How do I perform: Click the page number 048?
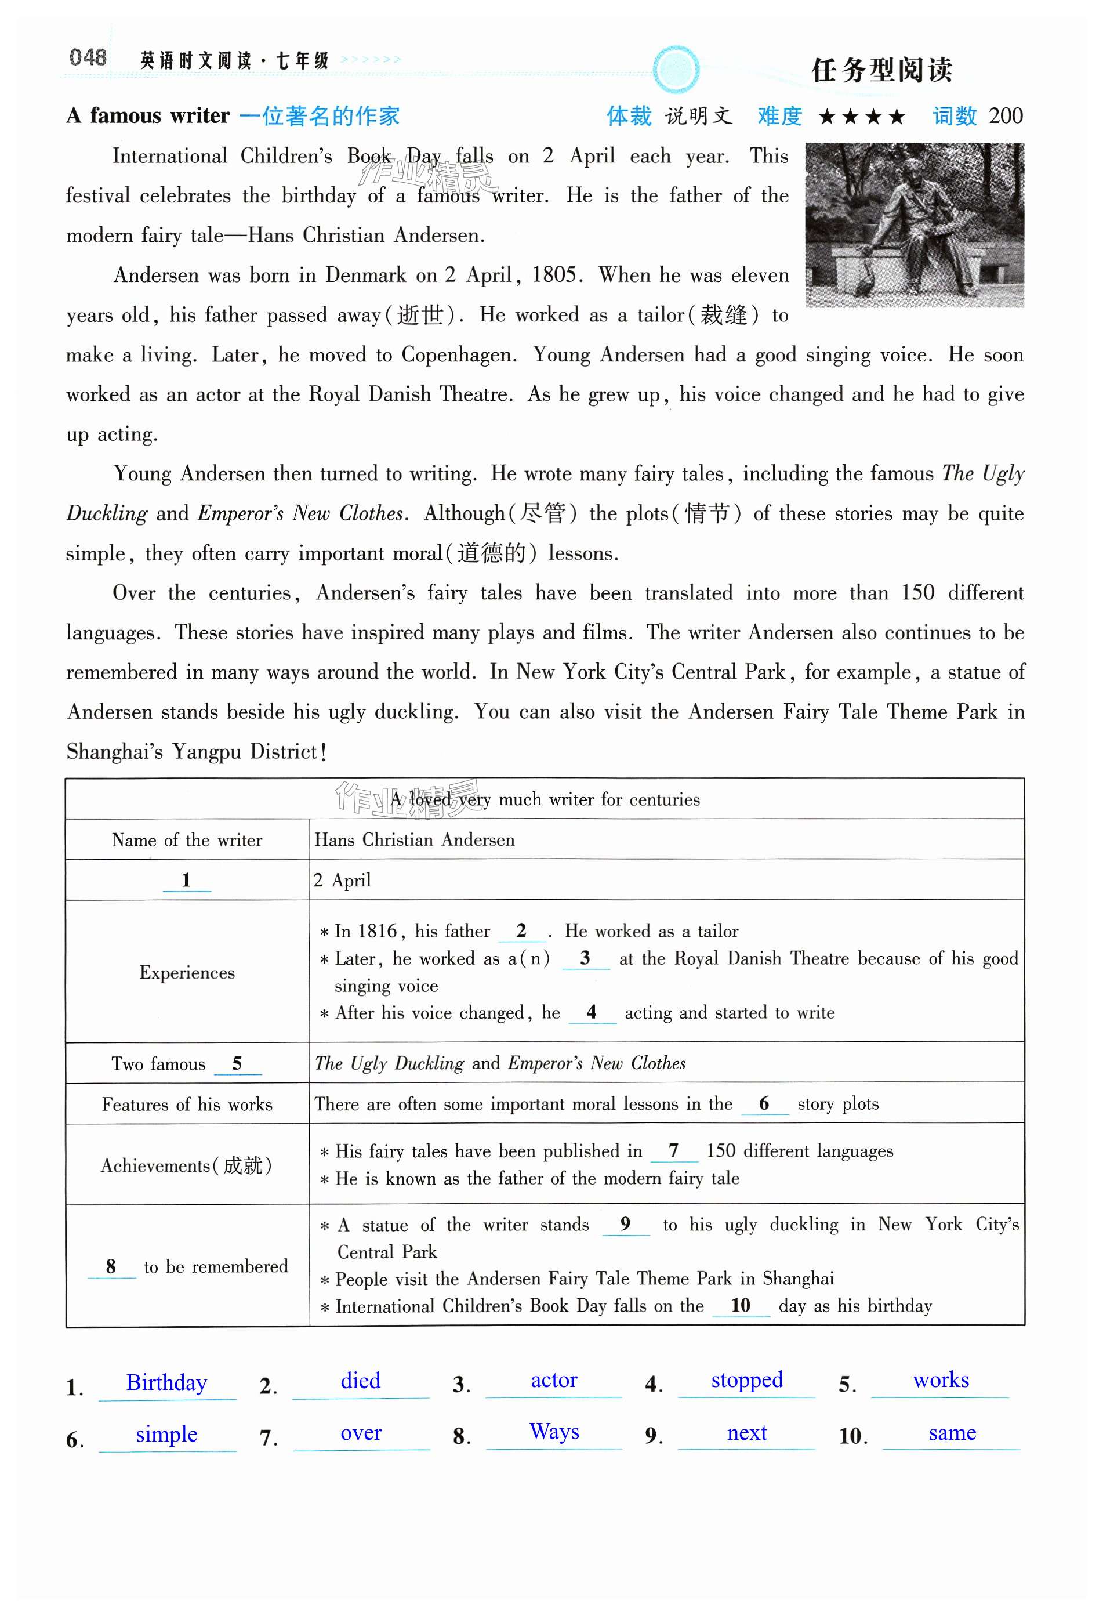coord(88,57)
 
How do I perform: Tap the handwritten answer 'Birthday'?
coord(166,1382)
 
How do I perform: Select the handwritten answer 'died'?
coord(361,1380)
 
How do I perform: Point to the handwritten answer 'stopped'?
coord(747,1379)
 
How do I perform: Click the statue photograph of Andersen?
coord(914,224)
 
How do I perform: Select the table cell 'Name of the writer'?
coord(187,839)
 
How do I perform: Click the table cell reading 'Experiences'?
coord(187,972)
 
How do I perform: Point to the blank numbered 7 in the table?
coord(674,1151)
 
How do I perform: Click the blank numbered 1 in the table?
coord(186,880)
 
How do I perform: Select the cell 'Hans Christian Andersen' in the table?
coord(415,839)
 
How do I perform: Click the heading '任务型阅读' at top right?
coord(881,70)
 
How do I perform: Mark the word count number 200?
coord(1005,115)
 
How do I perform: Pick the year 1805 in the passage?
coord(554,274)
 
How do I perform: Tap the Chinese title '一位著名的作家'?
coord(320,115)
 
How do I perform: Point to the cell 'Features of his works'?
coord(187,1105)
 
